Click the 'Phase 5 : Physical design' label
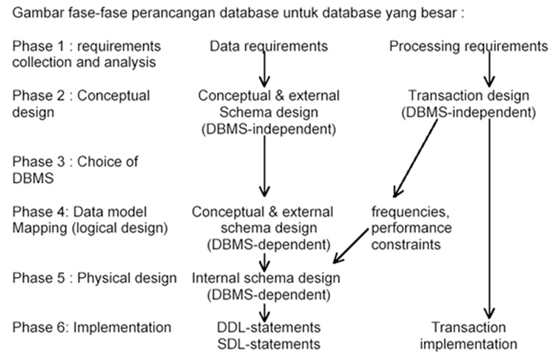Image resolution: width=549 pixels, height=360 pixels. click(x=95, y=278)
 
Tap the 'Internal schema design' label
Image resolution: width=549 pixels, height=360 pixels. click(x=266, y=278)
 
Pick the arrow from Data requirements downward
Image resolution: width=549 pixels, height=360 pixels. click(x=265, y=71)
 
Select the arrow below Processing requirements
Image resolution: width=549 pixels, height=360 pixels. click(x=488, y=71)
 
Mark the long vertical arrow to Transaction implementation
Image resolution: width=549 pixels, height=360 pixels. click(x=488, y=220)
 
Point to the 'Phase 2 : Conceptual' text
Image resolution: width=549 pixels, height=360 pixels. click(x=81, y=96)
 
